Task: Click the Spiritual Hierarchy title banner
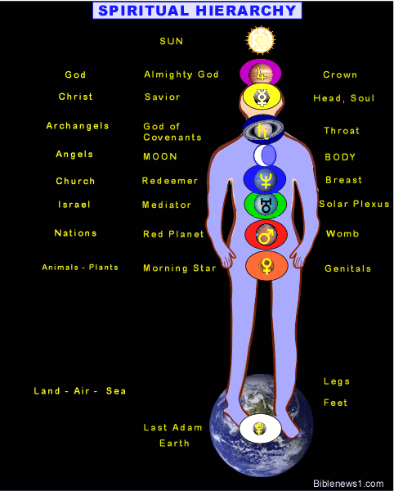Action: point(197,11)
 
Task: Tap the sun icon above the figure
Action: point(260,40)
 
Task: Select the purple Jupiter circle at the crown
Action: point(261,73)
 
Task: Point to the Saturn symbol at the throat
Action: point(263,129)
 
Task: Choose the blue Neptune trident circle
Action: point(265,179)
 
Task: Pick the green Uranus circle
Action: point(265,204)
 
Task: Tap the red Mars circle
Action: point(266,235)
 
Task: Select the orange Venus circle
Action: point(266,265)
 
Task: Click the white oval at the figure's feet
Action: point(260,429)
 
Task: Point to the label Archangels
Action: point(78,126)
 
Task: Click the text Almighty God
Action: point(181,74)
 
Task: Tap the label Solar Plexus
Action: point(354,204)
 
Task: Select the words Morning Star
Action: point(180,268)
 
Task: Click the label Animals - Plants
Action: point(80,267)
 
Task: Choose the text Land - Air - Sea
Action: point(80,391)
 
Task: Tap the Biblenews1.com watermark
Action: point(348,484)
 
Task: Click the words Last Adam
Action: point(172,427)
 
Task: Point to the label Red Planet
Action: point(173,234)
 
